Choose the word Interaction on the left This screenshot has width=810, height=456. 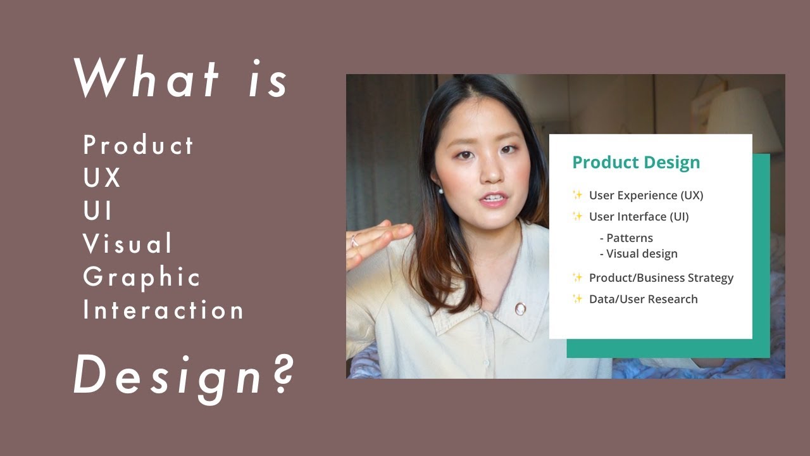pyautogui.click(x=163, y=310)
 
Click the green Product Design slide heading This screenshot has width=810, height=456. pyautogui.click(x=636, y=162)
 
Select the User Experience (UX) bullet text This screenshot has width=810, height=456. pyautogui.click(x=646, y=195)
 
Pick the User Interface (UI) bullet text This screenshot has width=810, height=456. pyautogui.click(x=639, y=217)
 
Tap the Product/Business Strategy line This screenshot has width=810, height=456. pyautogui.click(x=661, y=278)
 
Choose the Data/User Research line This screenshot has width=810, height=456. pyautogui.click(x=643, y=299)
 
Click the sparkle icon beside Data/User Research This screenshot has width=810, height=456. pyautogui.click(x=577, y=299)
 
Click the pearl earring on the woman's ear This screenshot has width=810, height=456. pyautogui.click(x=441, y=190)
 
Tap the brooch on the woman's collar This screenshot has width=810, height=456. pyautogui.click(x=520, y=308)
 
